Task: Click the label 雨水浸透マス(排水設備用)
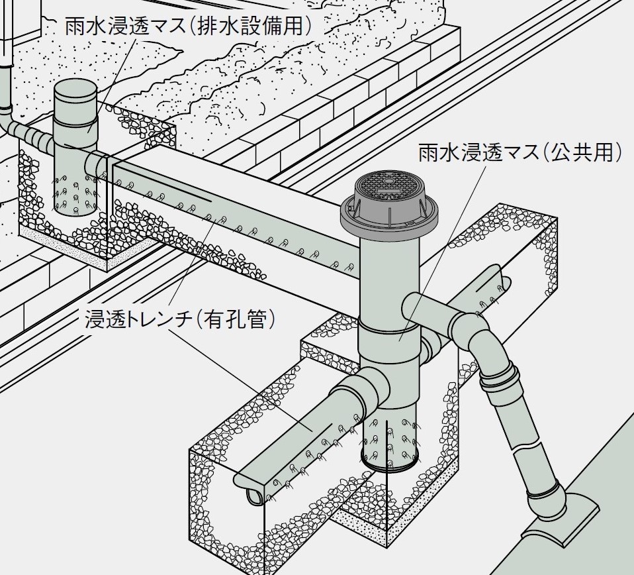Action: (x=188, y=27)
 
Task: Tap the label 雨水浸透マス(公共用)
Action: (x=520, y=153)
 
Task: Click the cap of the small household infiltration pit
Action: (x=75, y=99)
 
